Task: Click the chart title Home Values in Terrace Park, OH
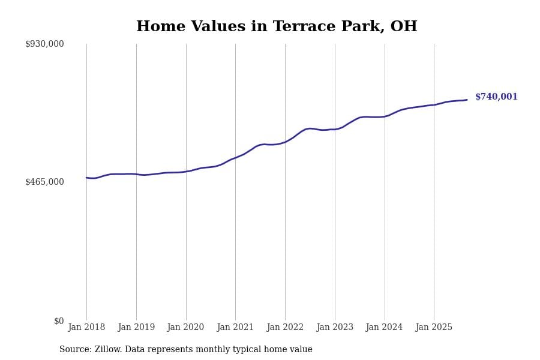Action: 277,27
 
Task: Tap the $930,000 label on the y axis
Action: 44,44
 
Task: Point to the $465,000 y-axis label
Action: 44,182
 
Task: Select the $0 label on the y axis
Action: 59,321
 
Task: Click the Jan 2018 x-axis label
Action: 86,327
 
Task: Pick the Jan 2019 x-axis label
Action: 136,327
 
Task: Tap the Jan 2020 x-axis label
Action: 186,327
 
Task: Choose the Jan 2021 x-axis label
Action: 235,327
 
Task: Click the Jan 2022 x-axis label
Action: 285,327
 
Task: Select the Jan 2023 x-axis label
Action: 335,327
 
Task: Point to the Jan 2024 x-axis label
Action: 385,327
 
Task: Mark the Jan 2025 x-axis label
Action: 434,327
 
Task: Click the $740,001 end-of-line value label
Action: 496,97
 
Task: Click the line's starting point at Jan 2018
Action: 86,178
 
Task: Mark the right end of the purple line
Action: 467,100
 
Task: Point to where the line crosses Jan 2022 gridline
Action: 285,142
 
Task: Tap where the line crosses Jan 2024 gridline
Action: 385,116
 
